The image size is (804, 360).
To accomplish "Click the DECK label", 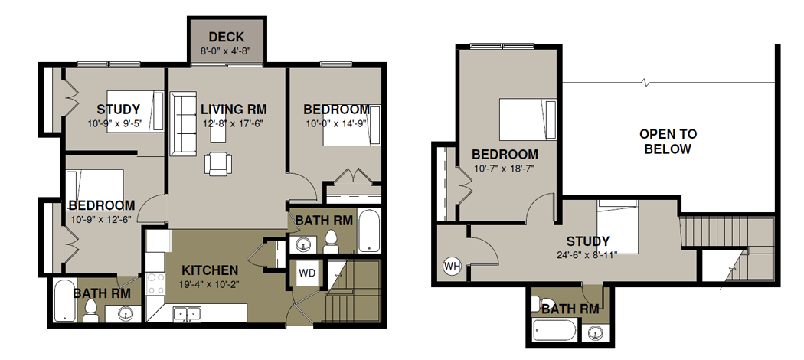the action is coord(226,37).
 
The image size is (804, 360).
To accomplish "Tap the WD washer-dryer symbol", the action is coord(307,273).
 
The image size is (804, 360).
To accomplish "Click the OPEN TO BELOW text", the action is coord(668,142).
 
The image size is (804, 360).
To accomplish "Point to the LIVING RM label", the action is coord(234,110).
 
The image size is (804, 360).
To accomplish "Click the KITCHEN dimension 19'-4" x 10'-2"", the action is coord(211,283).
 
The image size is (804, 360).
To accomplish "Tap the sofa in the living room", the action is coord(183,123).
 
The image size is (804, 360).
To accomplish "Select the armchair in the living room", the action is coord(218,164).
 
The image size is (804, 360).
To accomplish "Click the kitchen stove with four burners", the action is coord(156,284).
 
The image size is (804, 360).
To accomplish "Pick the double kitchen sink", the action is coord(187,314).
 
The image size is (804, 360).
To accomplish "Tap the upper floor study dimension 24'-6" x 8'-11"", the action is coord(587,254).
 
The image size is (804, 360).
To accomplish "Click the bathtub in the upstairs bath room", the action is coord(554,330).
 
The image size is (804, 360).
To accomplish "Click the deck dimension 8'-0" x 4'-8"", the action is coord(226,51).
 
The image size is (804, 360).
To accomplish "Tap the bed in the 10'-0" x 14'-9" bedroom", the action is coord(351,125).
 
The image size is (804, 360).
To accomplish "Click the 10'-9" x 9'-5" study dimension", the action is coord(115,123).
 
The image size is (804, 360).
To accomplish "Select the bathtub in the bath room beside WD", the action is coord(369,231).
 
